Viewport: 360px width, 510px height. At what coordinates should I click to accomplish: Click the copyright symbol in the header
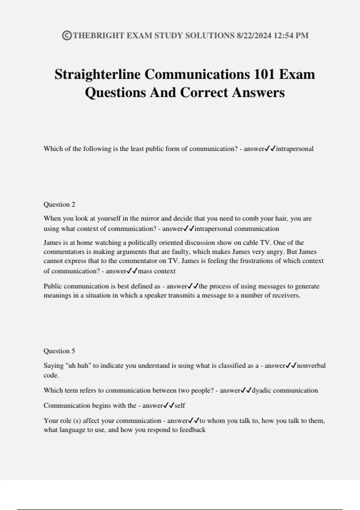(67, 36)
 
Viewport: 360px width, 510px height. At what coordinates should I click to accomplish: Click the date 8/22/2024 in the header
(254, 36)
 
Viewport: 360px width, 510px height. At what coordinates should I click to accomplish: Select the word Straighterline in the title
(97, 74)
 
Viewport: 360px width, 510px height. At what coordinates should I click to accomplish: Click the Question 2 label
(59, 204)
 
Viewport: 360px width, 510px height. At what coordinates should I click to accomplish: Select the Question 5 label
(59, 351)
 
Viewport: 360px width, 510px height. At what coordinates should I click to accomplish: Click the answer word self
(180, 406)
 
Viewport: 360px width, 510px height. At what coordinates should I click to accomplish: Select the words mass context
(157, 271)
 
